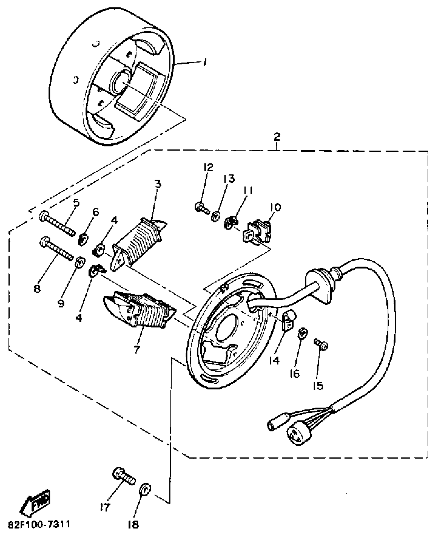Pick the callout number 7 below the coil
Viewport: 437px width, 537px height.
click(x=136, y=349)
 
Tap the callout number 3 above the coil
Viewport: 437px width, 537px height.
click(x=158, y=184)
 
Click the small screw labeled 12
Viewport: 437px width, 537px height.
click(x=201, y=207)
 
